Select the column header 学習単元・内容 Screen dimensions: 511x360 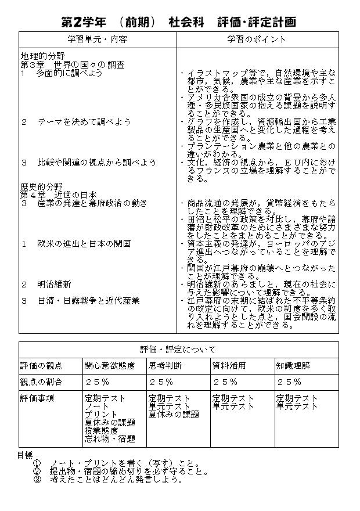click(97, 39)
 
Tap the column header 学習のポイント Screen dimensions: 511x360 click(257, 39)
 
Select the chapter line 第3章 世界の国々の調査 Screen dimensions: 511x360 click(73, 65)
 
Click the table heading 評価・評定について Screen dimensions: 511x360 click(178, 349)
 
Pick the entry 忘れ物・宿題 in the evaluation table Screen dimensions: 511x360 click(110, 439)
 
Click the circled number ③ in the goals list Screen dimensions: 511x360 click(37, 480)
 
